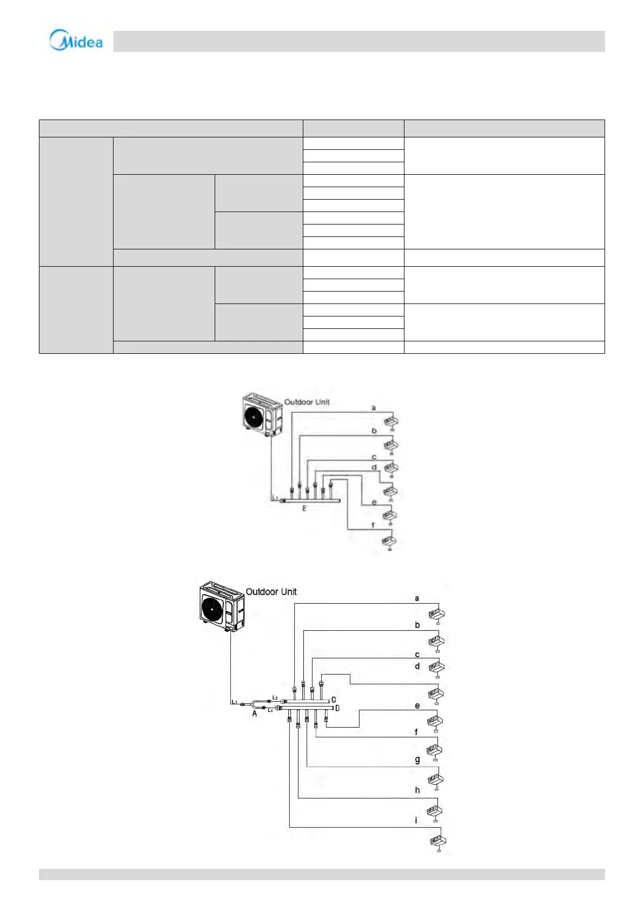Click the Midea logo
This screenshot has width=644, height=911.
tap(76, 41)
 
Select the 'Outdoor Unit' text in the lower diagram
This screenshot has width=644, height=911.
tap(271, 592)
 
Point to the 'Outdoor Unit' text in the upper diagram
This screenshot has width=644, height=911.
tap(307, 402)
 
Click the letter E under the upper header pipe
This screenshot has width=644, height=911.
tap(304, 509)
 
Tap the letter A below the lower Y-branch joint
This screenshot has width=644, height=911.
tap(254, 714)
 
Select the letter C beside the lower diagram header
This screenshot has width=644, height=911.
tap(334, 700)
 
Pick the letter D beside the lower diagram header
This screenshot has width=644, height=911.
tap(337, 708)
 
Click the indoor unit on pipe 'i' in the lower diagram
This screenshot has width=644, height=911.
tap(437, 841)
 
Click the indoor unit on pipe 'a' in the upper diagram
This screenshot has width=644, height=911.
tap(391, 420)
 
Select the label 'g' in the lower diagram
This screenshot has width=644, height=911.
tap(417, 760)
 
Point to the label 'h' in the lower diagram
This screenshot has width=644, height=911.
tap(417, 790)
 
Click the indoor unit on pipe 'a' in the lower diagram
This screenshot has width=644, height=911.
tap(436, 614)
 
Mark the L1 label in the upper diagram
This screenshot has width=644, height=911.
tap(275, 498)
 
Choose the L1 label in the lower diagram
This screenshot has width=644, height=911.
tap(234, 702)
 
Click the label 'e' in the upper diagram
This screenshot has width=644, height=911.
tap(374, 503)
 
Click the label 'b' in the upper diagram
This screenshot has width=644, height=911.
tap(374, 431)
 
